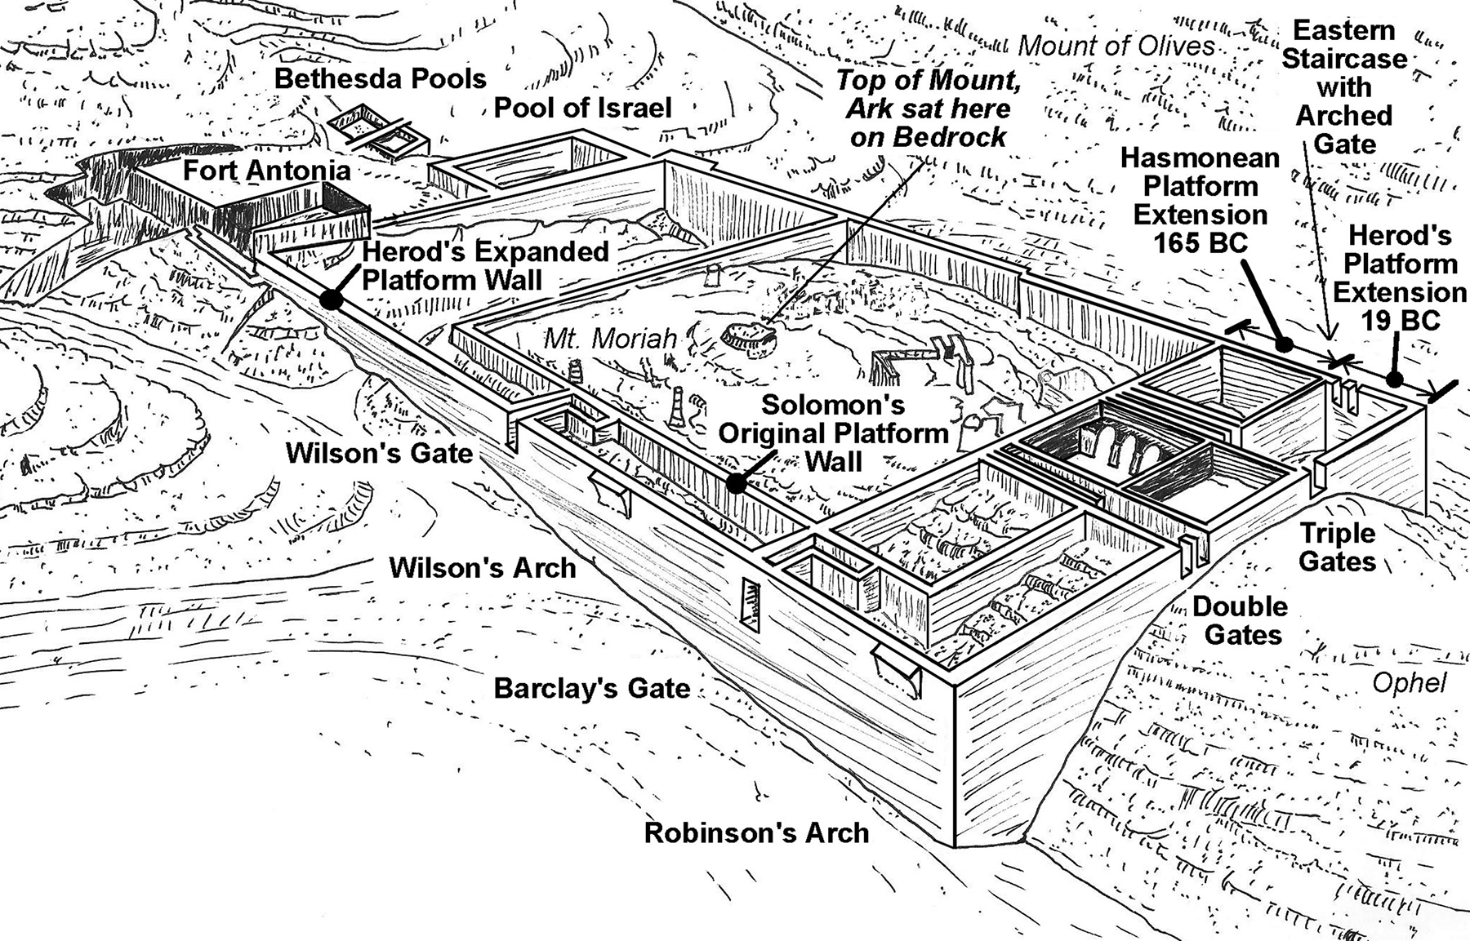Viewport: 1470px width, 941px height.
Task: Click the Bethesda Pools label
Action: (x=380, y=78)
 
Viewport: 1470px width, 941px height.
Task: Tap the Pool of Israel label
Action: (x=582, y=108)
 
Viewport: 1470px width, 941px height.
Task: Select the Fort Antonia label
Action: (x=266, y=171)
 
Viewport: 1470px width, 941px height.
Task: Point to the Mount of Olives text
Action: (x=1116, y=46)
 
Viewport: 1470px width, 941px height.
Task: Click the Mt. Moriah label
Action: (x=610, y=337)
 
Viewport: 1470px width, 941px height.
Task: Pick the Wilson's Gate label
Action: (x=379, y=453)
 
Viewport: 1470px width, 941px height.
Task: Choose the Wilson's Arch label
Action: (x=482, y=567)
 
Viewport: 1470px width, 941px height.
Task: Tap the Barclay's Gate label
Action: (x=592, y=688)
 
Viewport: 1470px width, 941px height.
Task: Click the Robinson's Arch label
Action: (x=756, y=833)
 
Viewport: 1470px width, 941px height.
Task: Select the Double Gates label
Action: (x=1240, y=620)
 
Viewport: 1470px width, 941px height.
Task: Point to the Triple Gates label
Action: (x=1338, y=548)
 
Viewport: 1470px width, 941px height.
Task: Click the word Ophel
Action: (x=1409, y=682)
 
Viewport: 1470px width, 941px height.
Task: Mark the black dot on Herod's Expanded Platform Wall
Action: (x=331, y=300)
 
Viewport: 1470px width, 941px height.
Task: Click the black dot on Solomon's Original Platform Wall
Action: (x=736, y=483)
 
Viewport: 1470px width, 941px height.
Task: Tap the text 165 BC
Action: (x=1200, y=243)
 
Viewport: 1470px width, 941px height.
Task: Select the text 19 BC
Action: (x=1400, y=321)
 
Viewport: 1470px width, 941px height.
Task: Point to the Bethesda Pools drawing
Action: (x=377, y=131)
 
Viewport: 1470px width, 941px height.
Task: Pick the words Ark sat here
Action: (x=929, y=109)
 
